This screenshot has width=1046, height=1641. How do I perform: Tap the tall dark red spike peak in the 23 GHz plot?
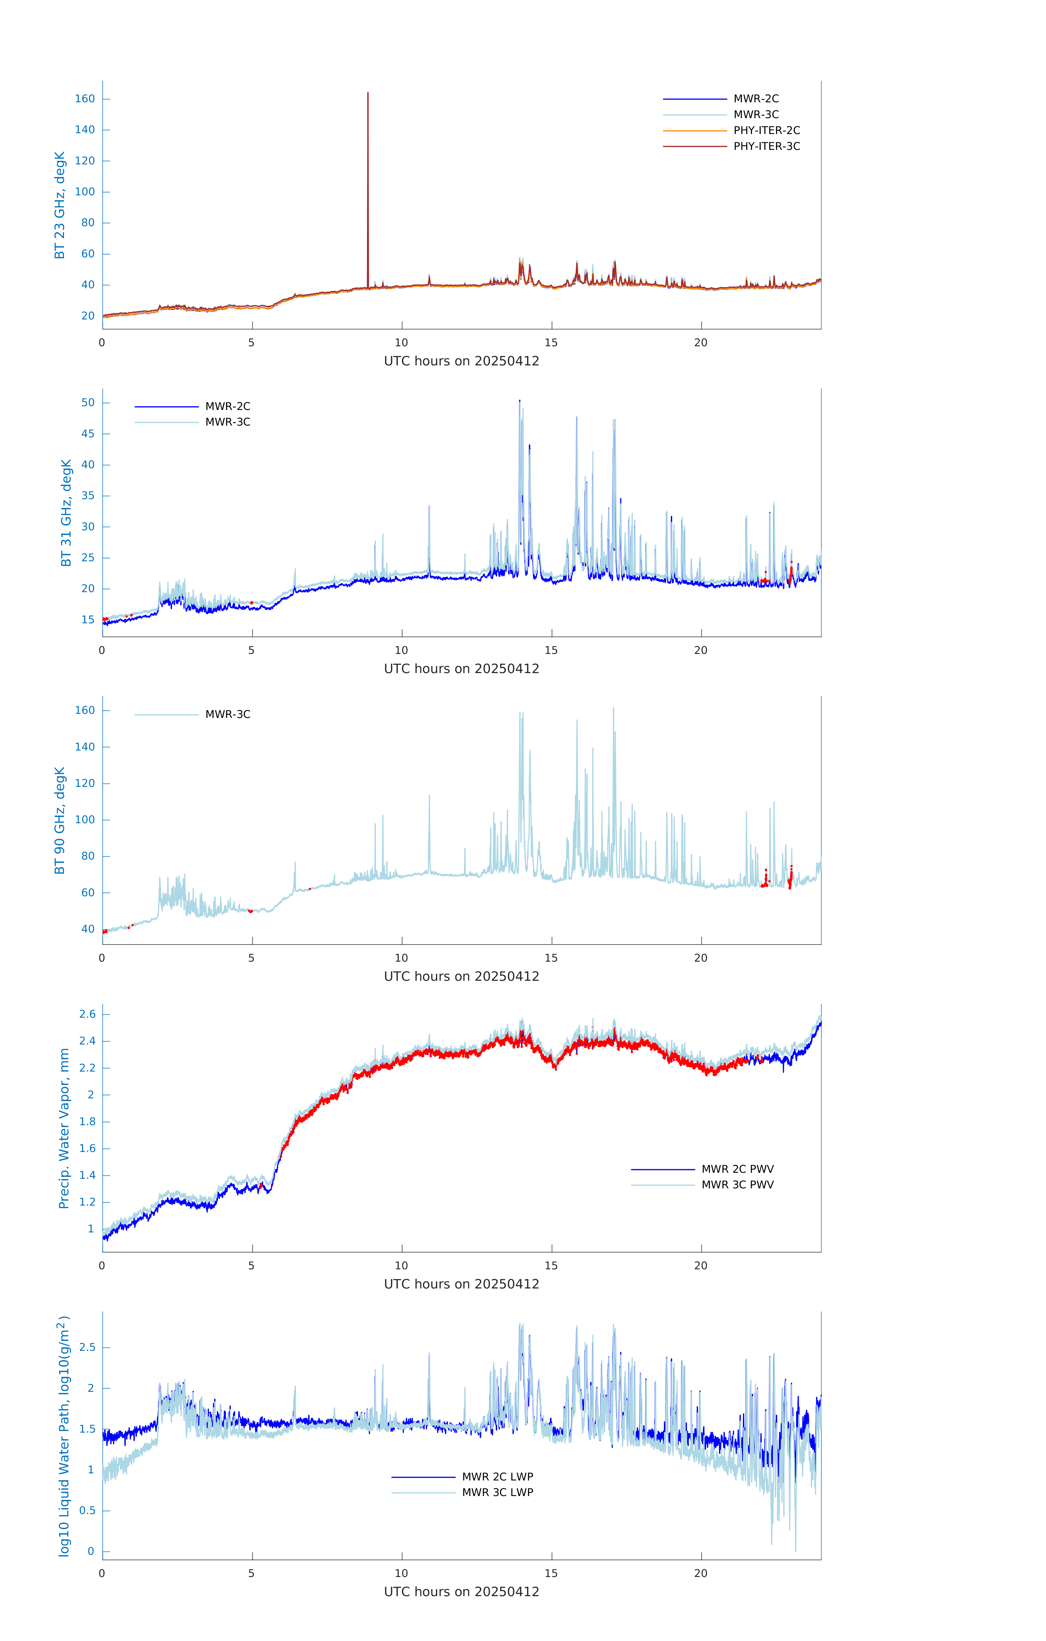[368, 93]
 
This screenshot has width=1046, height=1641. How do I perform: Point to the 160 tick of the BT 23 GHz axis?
[85, 99]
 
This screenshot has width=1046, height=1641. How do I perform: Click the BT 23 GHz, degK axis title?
[60, 205]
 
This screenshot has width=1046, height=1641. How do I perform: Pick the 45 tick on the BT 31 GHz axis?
[88, 433]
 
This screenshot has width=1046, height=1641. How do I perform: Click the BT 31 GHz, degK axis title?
[66, 513]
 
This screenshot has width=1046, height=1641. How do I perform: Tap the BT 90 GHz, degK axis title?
[60, 821]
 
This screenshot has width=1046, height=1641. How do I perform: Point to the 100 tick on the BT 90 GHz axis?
[85, 820]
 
